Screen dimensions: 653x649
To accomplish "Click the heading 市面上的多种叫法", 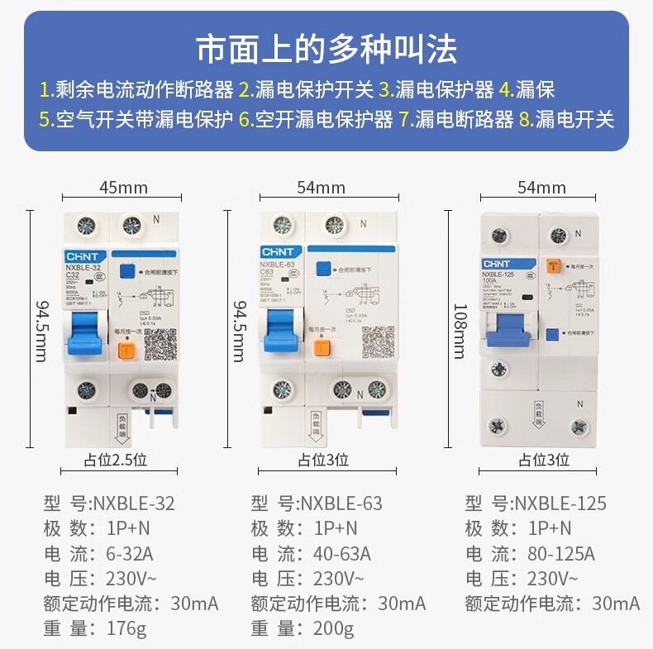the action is [326, 49].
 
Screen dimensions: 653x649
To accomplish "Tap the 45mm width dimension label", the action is [123, 187].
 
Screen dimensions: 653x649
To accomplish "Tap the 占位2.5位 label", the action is [115, 460].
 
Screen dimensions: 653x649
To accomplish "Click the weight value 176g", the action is [126, 629].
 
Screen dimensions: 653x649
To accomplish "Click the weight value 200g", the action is [333, 629].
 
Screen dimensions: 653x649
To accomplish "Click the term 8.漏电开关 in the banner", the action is [567, 119].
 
